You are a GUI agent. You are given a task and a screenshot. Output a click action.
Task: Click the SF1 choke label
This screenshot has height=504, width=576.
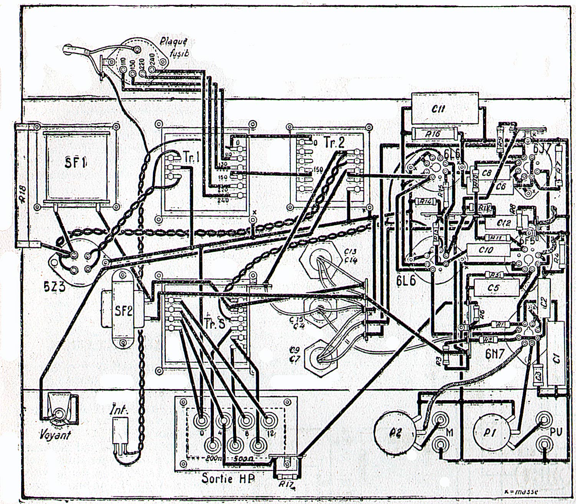pyautogui.click(x=75, y=163)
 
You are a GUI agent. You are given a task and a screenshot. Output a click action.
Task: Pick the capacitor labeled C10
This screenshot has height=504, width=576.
pyautogui.click(x=486, y=250)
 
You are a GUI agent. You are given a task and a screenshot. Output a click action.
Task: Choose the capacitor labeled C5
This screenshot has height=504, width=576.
pyautogui.click(x=493, y=288)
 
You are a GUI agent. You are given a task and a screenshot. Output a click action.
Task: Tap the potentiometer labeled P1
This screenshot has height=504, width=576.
pyautogui.click(x=490, y=432)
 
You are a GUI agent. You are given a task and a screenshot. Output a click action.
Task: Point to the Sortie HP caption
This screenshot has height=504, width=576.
pyautogui.click(x=228, y=478)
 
